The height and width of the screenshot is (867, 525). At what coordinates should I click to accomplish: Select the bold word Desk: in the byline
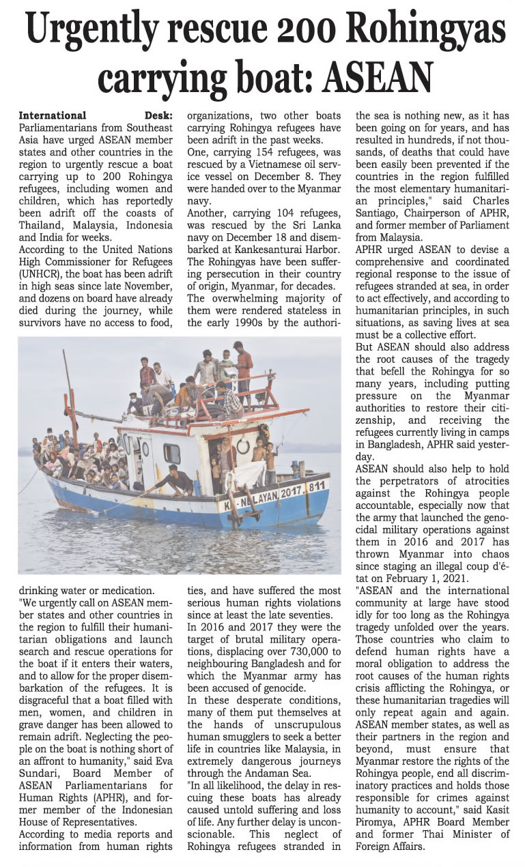tap(158, 115)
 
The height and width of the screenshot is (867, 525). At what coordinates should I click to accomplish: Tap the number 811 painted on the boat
tap(316, 486)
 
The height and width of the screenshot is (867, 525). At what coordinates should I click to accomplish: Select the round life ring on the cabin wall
tap(242, 446)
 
